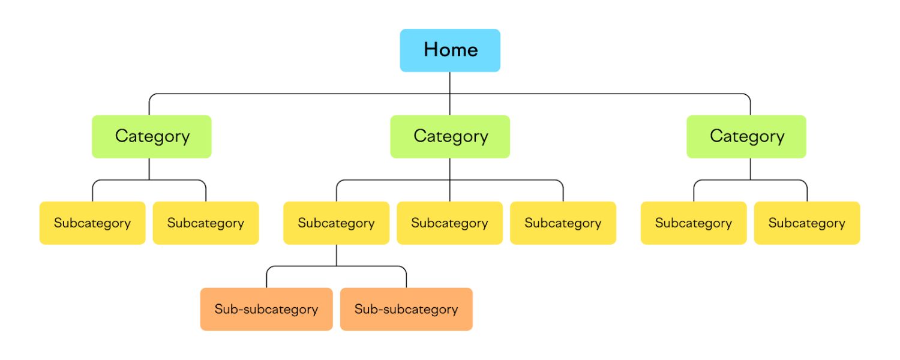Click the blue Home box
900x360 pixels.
pyautogui.click(x=450, y=50)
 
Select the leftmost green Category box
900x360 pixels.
pyautogui.click(x=152, y=137)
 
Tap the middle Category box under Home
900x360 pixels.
pyautogui.click(x=450, y=137)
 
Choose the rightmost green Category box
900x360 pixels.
pyautogui.click(x=746, y=137)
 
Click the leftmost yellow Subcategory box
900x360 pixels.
pyautogui.click(x=92, y=223)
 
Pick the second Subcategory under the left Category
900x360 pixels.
pyautogui.click(x=206, y=223)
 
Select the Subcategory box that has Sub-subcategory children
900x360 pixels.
pyautogui.click(x=336, y=223)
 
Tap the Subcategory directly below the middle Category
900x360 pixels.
pyautogui.click(x=449, y=223)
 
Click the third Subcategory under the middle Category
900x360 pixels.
pyautogui.click(x=563, y=223)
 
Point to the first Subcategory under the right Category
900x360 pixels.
pyautogui.click(x=694, y=223)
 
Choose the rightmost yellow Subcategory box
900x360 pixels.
pyautogui.click(x=807, y=223)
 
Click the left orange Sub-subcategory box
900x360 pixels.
pyautogui.click(x=266, y=310)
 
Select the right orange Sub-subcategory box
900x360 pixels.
pyautogui.click(x=406, y=310)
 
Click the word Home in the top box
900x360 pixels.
pyautogui.click(x=451, y=49)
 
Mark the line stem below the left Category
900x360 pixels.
pyautogui.click(x=149, y=169)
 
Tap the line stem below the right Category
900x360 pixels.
pyautogui.click(x=750, y=169)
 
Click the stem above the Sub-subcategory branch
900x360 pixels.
pyautogui.click(x=337, y=255)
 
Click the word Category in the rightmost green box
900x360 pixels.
pyautogui.click(x=747, y=136)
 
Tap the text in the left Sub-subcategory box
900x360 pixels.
pyautogui.click(x=266, y=310)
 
